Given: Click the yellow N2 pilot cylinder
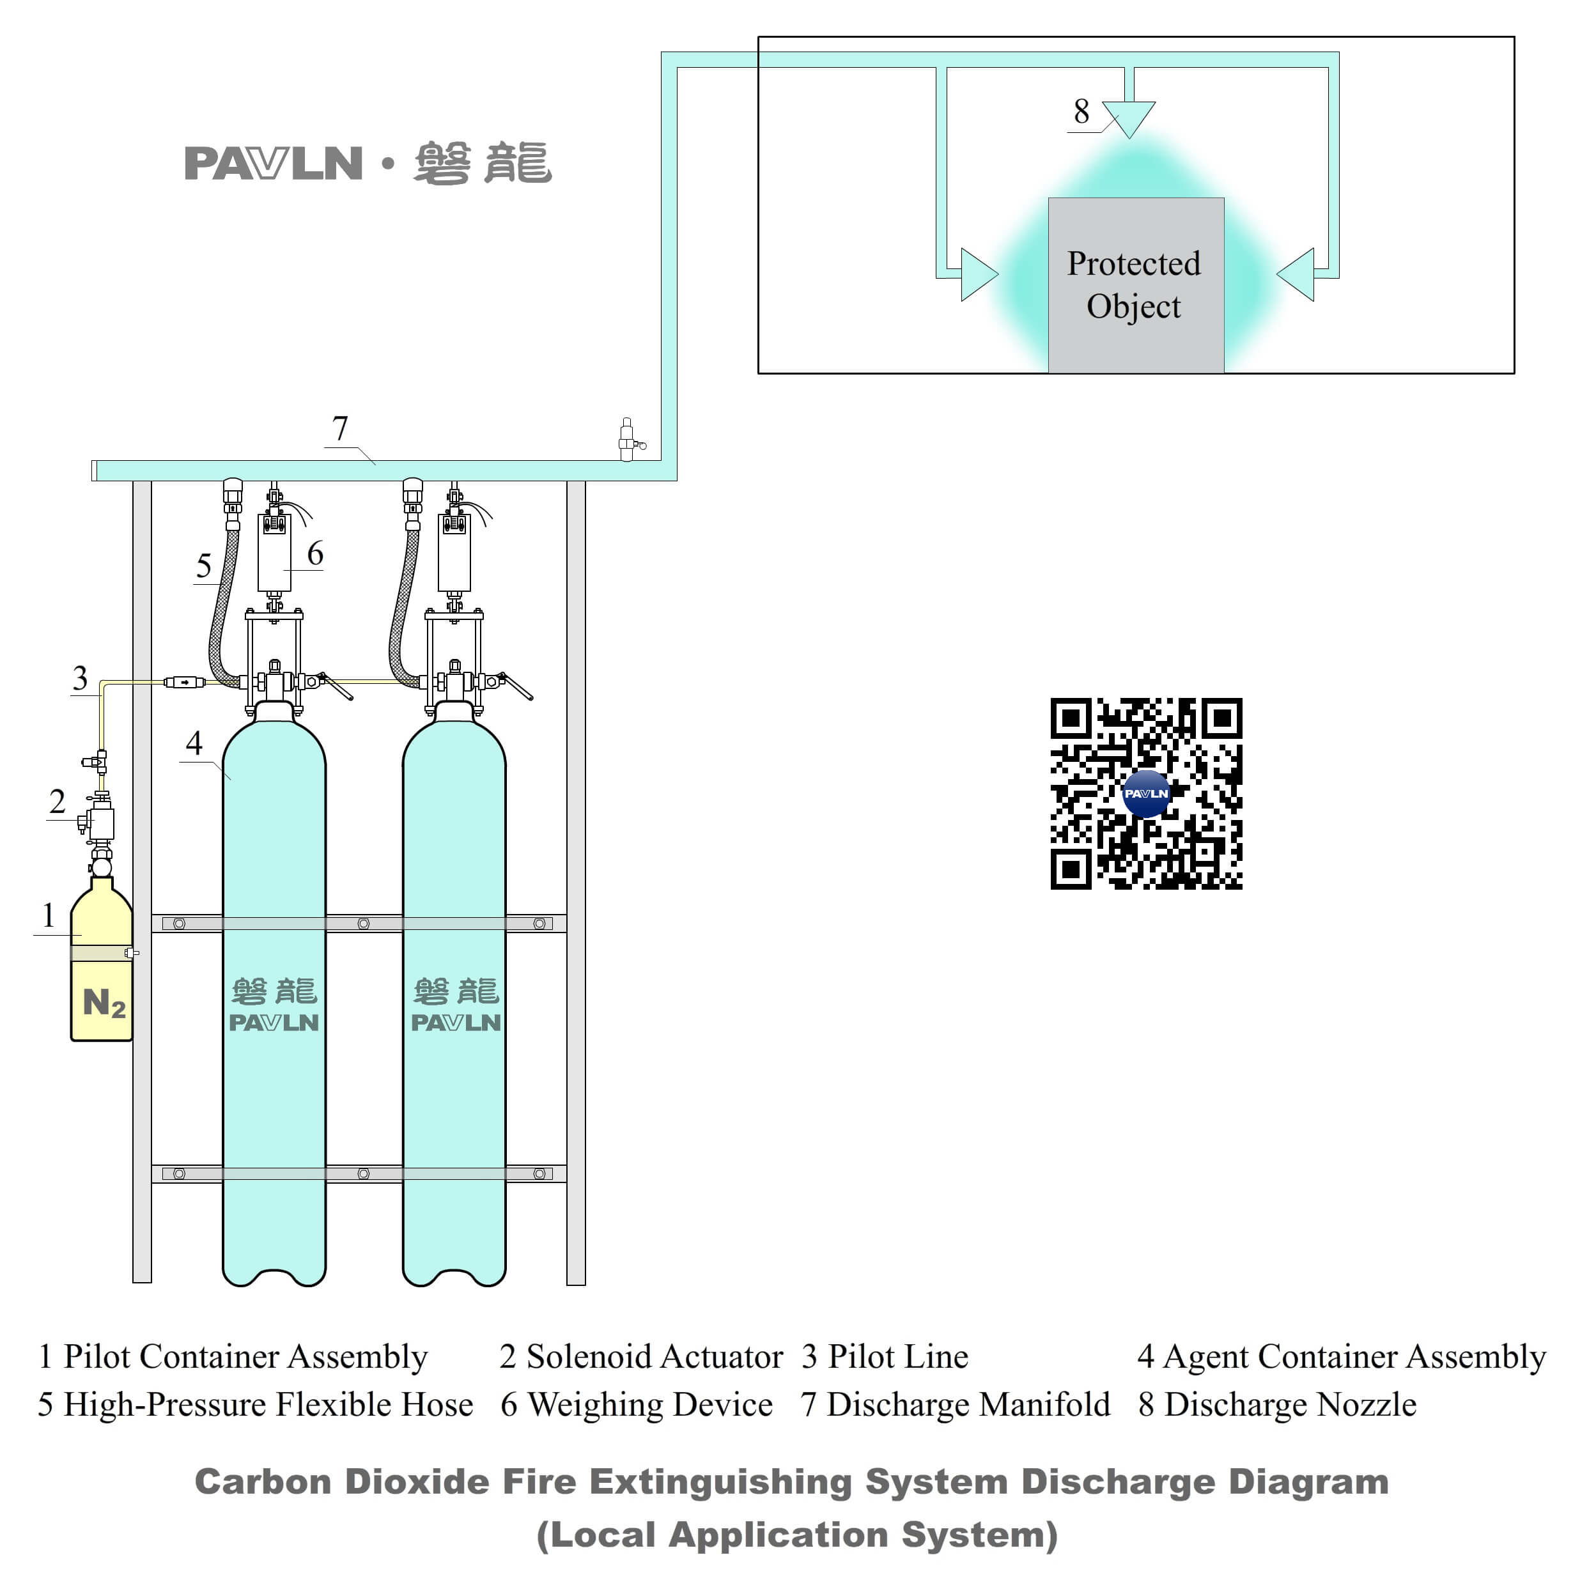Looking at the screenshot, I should (x=101, y=970).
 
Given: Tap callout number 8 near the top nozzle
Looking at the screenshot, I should (x=1081, y=112).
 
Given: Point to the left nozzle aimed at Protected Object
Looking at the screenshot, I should (x=977, y=274).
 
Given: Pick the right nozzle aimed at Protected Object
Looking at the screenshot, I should (x=1297, y=274).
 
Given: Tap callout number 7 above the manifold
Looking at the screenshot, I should (x=339, y=429).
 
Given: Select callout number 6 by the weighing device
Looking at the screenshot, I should (x=314, y=554).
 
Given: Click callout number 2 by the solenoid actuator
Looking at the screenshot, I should (x=57, y=801).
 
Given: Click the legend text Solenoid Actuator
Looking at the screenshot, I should (x=654, y=1356).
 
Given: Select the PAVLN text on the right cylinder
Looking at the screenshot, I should (x=455, y=1023).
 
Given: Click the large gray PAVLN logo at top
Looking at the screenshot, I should (x=274, y=164).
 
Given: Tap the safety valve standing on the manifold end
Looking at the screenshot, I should (x=627, y=440).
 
